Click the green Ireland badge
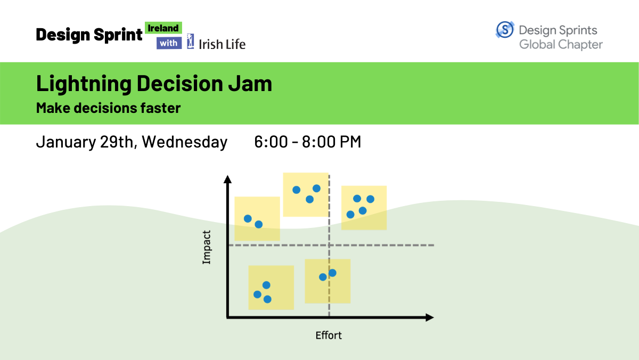[x=163, y=28]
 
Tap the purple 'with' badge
[x=169, y=43]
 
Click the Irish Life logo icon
[x=190, y=42]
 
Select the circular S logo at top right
[x=505, y=29]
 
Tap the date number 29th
[x=117, y=142]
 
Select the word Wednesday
[x=185, y=142]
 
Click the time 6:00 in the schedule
[x=271, y=142]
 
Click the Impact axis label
[x=206, y=247]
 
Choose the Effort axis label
[x=329, y=336]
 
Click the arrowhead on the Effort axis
[x=430, y=317]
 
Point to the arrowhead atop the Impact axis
[x=227, y=179]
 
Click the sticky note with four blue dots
[x=364, y=208]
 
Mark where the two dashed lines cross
[x=329, y=245]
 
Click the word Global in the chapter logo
[x=537, y=45]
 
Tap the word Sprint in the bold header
[x=118, y=35]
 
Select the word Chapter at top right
[x=580, y=45]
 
